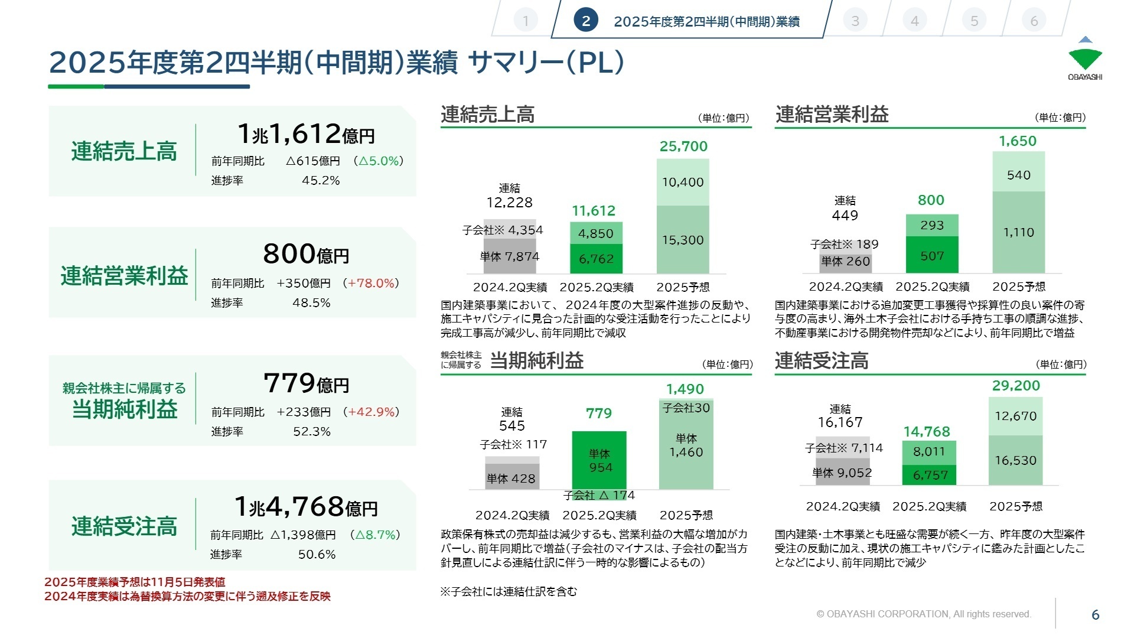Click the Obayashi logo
(x=1085, y=58)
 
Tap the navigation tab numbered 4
(x=914, y=21)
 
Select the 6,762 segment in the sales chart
(x=596, y=259)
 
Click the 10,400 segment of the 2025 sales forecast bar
(x=683, y=183)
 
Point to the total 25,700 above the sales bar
(x=683, y=147)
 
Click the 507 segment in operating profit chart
(x=932, y=256)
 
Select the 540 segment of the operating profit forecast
(x=1018, y=175)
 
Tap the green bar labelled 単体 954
(x=599, y=461)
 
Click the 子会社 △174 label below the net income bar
(x=599, y=495)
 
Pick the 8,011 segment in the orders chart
(x=929, y=452)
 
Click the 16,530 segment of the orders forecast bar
(x=1015, y=460)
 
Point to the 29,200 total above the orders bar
(x=1016, y=386)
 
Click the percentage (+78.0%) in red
(x=371, y=284)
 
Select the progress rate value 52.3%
(x=312, y=432)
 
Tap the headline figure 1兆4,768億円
(x=306, y=507)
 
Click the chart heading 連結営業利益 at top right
(x=832, y=114)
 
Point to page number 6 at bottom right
(x=1095, y=615)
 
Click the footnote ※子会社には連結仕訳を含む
(x=509, y=591)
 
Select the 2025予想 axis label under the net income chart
(x=686, y=515)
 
